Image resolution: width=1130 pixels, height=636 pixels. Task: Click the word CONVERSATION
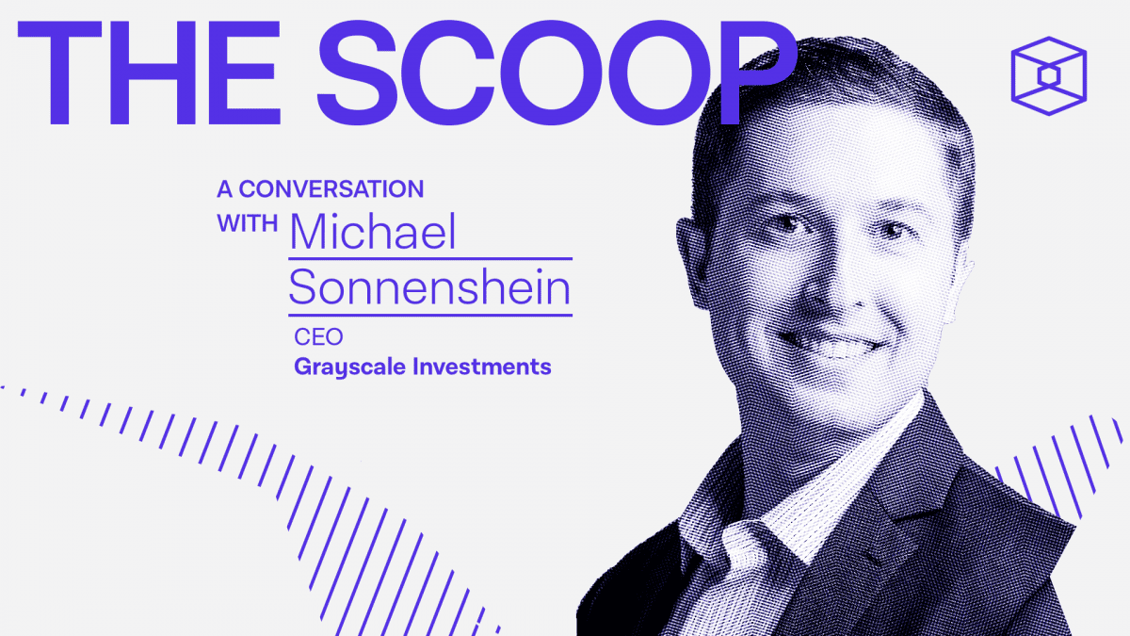[331, 188]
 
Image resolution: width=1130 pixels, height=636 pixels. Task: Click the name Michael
[373, 231]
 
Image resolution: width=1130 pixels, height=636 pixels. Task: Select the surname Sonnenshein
[429, 286]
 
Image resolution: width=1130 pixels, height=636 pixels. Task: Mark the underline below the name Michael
[429, 257]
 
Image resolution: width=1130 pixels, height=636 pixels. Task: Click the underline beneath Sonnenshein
[429, 315]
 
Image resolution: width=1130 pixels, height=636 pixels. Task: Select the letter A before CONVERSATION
[224, 188]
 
